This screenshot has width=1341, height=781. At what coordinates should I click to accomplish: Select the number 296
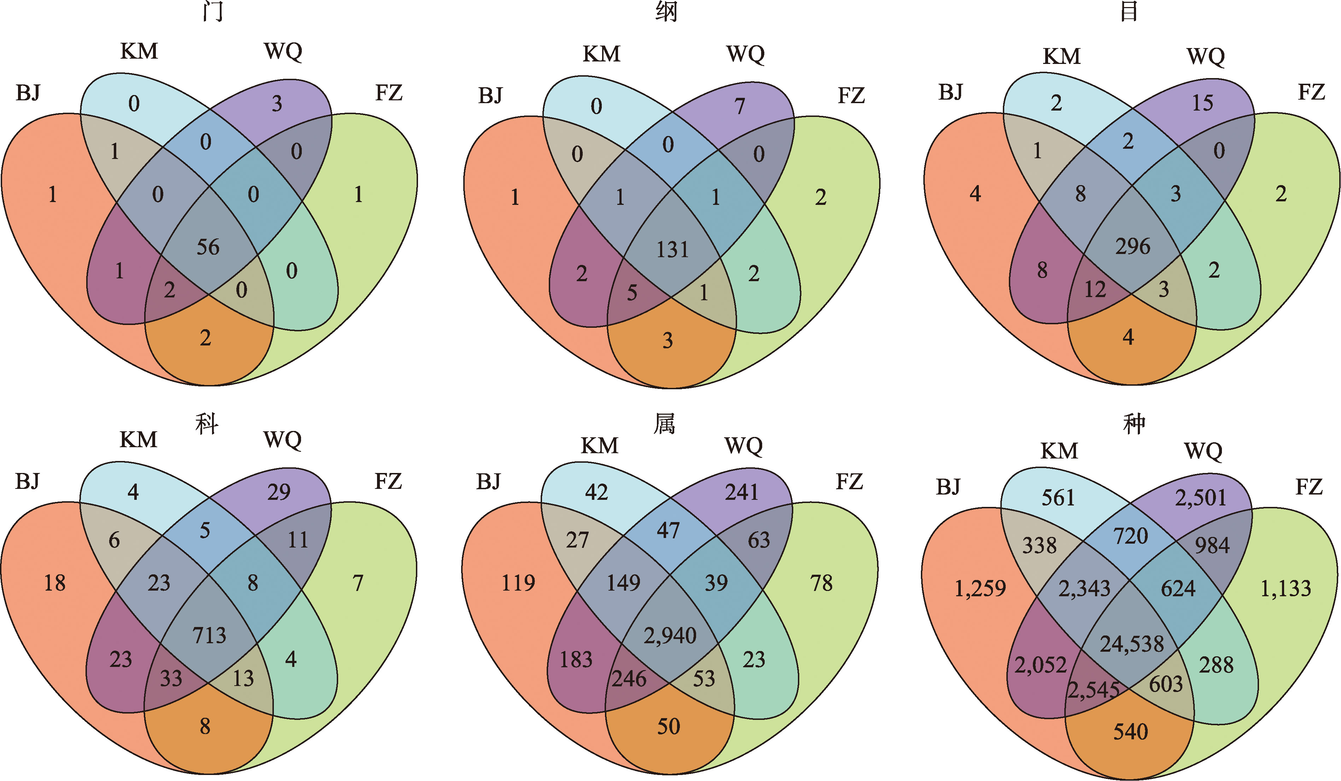pos(1133,246)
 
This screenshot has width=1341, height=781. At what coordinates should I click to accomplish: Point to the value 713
pos(209,635)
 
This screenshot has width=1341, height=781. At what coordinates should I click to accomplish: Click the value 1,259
pos(980,588)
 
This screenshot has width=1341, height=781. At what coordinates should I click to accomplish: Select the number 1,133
pos(1286,588)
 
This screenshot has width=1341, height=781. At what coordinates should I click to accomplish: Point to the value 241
pos(741,492)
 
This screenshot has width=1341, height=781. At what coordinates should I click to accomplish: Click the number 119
pos(518,583)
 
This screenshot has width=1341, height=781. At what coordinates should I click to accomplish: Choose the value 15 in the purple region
pos(1202,103)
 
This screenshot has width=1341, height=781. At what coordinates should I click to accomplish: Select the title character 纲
pos(666,12)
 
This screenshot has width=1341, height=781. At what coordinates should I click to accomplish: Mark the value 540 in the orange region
pos(1131,732)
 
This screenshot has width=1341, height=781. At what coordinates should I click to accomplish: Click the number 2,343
pos(1084,588)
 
